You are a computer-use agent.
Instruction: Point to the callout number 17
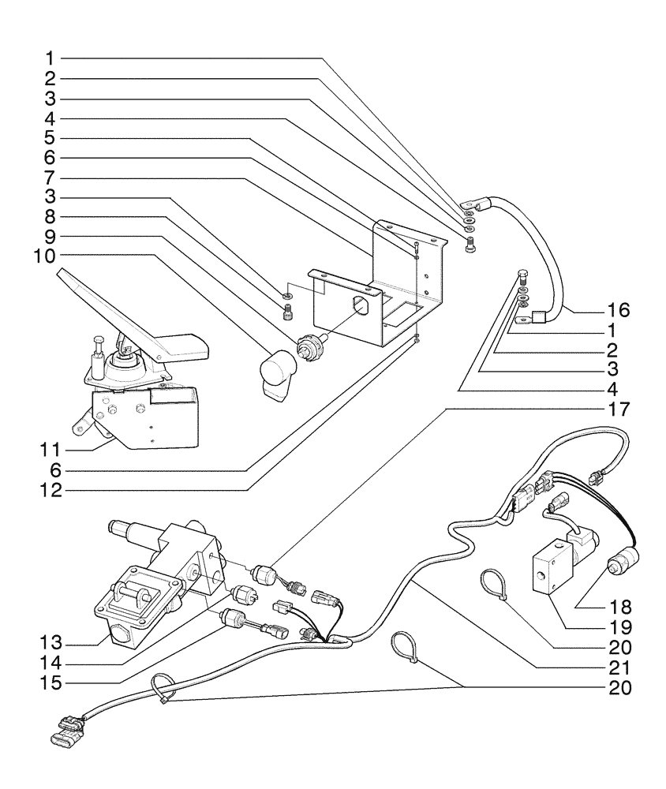(x=619, y=409)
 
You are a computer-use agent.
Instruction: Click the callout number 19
(x=619, y=628)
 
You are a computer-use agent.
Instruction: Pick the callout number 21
(x=619, y=667)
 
